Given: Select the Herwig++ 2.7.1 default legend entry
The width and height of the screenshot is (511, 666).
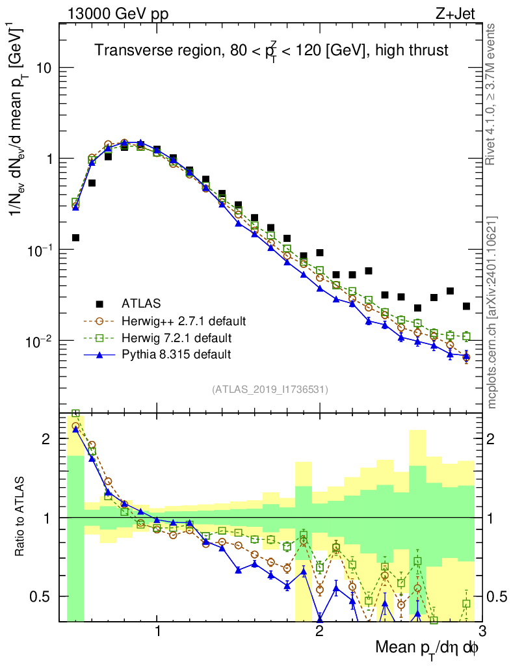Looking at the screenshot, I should pyautogui.click(x=184, y=321).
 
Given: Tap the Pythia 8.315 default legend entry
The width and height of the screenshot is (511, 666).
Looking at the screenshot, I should pyautogui.click(x=176, y=354).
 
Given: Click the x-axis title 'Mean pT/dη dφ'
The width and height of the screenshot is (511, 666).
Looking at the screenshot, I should pyautogui.click(x=428, y=648).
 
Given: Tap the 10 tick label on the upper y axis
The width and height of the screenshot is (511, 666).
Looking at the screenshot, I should pyautogui.click(x=42, y=68).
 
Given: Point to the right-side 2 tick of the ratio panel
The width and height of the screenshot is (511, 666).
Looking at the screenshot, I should pyautogui.click(x=493, y=439).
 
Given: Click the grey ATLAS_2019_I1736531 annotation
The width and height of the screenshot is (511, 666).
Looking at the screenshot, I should pyautogui.click(x=270, y=390).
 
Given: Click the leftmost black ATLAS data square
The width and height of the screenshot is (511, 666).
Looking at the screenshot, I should pyautogui.click(x=75, y=238).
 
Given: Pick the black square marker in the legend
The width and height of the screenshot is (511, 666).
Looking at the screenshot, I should pyautogui.click(x=99, y=304).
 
